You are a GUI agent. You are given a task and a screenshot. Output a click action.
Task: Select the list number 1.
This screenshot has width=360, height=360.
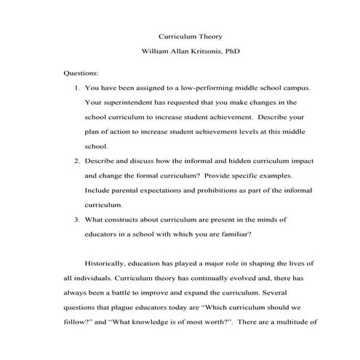(x=78, y=87)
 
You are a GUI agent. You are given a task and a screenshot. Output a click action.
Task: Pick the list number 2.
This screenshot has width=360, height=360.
(x=78, y=159)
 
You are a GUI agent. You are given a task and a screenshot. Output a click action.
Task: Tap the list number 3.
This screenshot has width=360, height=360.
(x=78, y=219)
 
